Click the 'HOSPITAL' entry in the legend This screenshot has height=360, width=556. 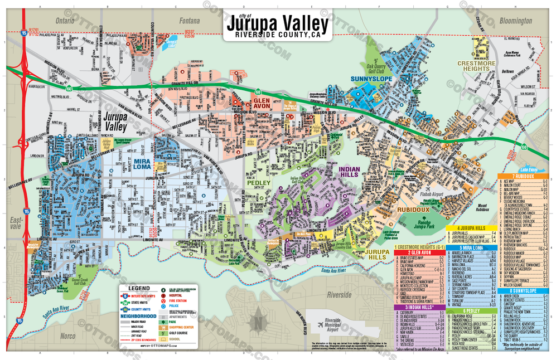(176, 295)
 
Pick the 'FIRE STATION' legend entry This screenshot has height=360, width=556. (178, 300)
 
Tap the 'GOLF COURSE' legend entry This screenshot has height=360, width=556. (179, 333)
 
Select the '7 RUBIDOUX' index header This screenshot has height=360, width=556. (523, 177)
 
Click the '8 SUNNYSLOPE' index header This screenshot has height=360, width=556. (523, 290)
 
